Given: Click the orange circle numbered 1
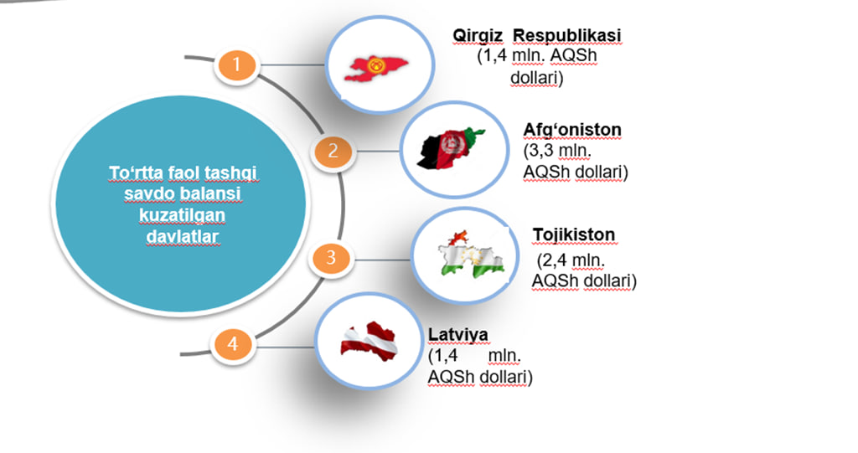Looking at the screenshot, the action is (236, 64).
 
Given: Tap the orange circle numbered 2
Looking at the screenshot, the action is (333, 151).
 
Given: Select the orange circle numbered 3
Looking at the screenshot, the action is (330, 257).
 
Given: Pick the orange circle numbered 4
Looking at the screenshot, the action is (233, 343).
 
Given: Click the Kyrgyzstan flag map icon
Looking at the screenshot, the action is (376, 68).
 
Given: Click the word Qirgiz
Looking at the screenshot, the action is (477, 35).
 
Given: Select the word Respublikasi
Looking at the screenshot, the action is (567, 35).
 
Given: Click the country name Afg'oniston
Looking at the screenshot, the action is (572, 130).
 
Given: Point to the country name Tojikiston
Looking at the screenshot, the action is (574, 234).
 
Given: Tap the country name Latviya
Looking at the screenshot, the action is (458, 334).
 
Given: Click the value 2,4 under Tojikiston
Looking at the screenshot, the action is (554, 260).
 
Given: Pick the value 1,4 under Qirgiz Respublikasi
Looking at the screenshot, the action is (495, 56).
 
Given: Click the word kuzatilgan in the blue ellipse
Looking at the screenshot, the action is (182, 215).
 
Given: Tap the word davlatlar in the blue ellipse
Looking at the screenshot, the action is (183, 236).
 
